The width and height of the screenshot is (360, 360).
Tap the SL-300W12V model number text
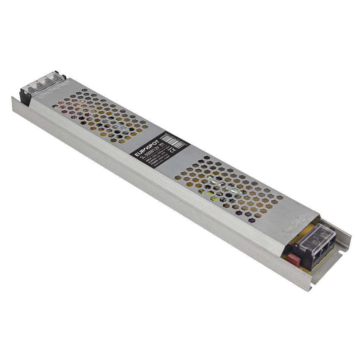click(149, 155)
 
